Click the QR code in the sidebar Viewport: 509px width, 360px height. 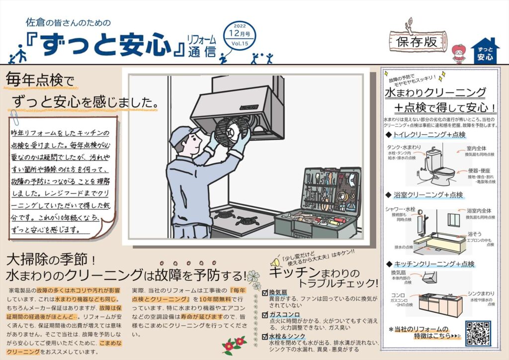[477, 334]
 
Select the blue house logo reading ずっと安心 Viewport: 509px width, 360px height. [485, 52]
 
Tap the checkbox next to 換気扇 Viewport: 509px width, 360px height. [265, 293]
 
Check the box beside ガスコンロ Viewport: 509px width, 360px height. [265, 315]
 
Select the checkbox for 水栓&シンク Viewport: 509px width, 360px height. [265, 337]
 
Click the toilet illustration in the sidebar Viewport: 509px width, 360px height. [437, 164]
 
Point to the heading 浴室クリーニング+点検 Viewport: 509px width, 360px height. [428, 194]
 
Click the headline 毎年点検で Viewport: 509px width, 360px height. [39, 80]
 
